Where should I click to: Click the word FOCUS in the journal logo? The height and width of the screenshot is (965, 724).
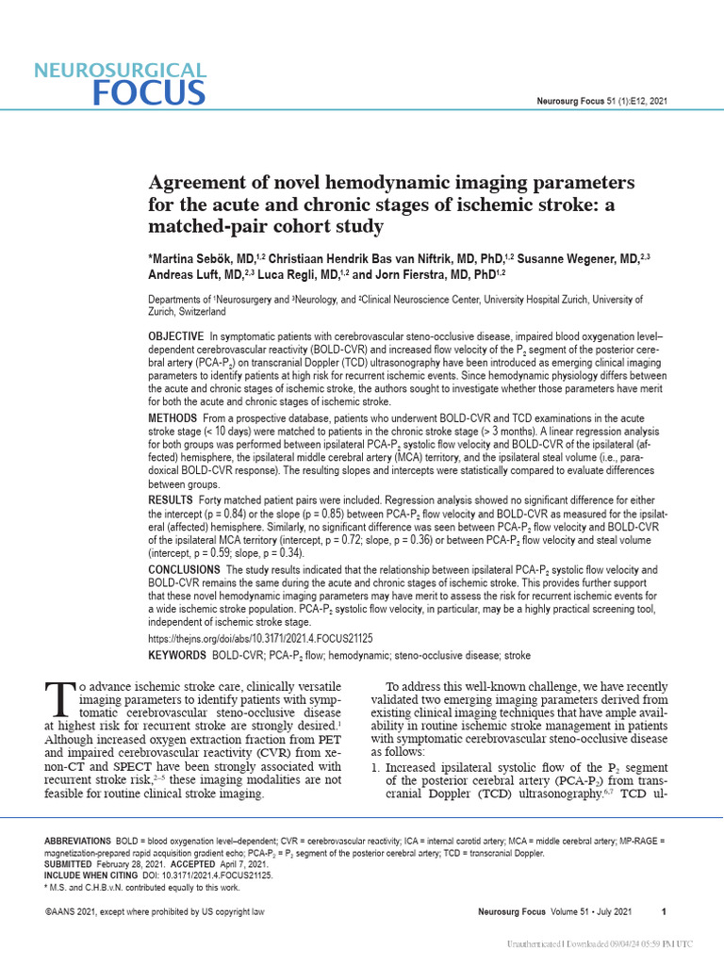[149, 92]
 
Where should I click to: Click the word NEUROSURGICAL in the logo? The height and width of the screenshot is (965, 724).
[119, 70]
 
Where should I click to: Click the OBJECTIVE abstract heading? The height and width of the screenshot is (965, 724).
[176, 336]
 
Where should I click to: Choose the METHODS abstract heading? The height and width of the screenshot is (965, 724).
[173, 417]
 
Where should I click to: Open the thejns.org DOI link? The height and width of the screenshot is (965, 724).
[261, 638]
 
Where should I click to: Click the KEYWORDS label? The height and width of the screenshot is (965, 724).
[177, 655]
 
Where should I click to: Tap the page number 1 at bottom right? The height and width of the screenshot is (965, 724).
[665, 911]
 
